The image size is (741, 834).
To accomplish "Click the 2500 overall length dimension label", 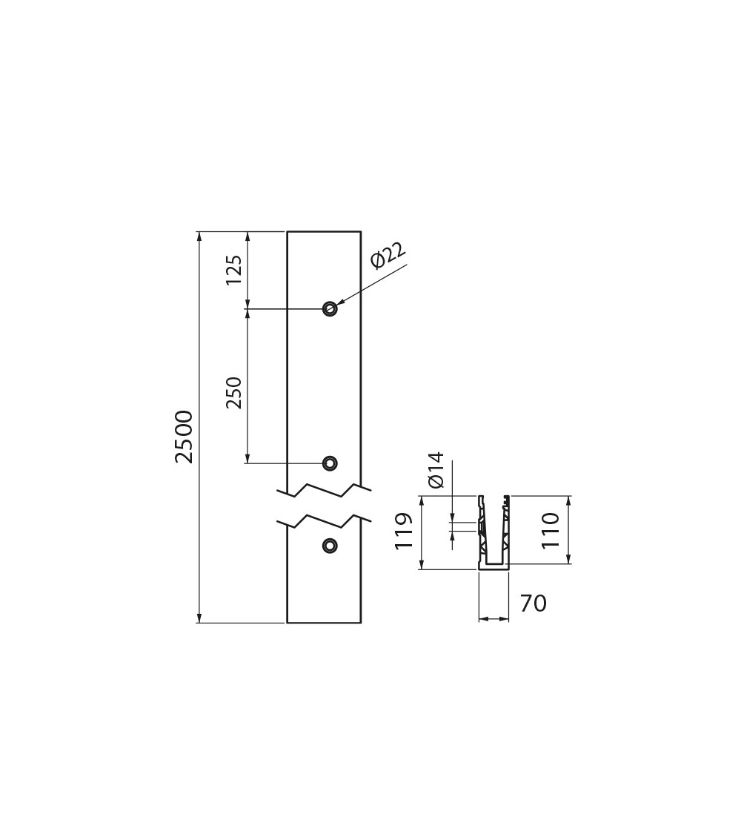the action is click(184, 437).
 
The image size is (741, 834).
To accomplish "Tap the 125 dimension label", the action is click(234, 270).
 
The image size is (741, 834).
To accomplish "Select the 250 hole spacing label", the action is click(234, 392).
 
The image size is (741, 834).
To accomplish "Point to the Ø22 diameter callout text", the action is click(388, 255).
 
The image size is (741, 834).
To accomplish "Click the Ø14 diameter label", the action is click(436, 470).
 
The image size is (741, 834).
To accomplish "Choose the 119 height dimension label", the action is click(404, 532).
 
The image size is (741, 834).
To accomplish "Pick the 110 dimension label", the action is click(550, 530).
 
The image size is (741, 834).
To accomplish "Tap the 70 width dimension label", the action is click(533, 603).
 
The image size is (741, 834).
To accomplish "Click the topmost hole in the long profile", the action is click(330, 308).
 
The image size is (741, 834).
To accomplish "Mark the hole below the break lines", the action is click(330, 545).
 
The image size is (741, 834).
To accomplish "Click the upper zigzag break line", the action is click(324, 491).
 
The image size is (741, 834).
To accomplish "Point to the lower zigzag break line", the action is click(324, 522).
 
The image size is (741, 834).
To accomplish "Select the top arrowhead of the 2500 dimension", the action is click(200, 236).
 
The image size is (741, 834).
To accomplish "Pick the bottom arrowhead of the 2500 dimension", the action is click(200, 617).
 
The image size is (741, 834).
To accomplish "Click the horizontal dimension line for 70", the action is click(494, 618).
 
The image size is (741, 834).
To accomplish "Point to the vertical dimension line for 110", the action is click(569, 530).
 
